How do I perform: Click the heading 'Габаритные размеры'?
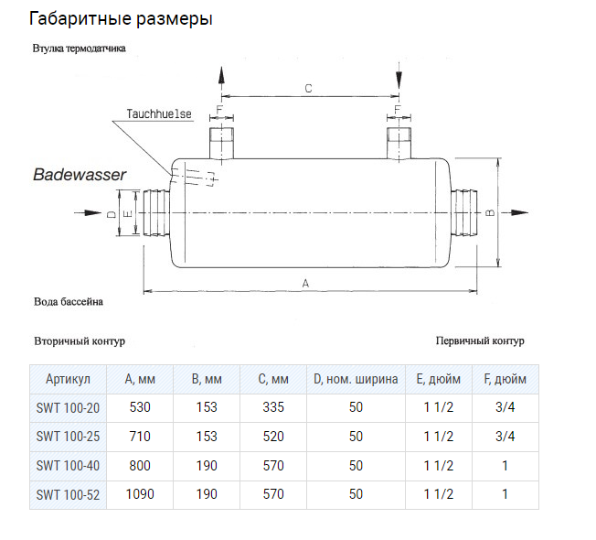pyautogui.click(x=121, y=19)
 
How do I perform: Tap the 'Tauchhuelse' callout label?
pyautogui.click(x=159, y=113)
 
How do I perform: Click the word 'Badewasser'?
pyautogui.click(x=80, y=175)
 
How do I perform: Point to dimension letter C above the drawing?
pyautogui.click(x=308, y=89)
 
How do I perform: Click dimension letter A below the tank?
pyautogui.click(x=305, y=284)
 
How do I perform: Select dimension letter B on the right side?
pyautogui.click(x=490, y=212)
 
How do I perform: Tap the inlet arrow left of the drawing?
pyautogui.click(x=88, y=212)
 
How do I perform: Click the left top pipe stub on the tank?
pyautogui.click(x=221, y=143)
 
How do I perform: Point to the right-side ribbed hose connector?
pyautogui.click(x=463, y=212)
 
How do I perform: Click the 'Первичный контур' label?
pyautogui.click(x=480, y=340)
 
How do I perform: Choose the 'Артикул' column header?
pyautogui.click(x=68, y=379)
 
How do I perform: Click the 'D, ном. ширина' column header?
pyautogui.click(x=356, y=379)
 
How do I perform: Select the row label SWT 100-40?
pyautogui.click(x=68, y=466)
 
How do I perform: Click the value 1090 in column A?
pyautogui.click(x=140, y=494)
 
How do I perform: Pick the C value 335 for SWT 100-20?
pyautogui.click(x=273, y=407)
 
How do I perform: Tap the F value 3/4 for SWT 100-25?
pyautogui.click(x=506, y=437)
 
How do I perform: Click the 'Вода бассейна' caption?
pyautogui.click(x=69, y=302)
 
